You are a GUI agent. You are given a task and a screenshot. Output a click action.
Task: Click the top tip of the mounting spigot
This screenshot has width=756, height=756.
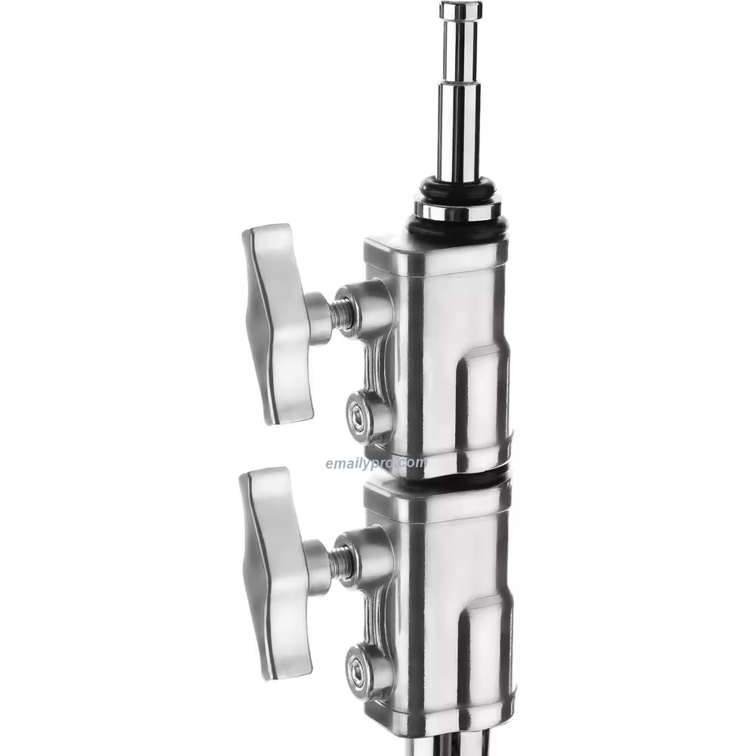point(460,10)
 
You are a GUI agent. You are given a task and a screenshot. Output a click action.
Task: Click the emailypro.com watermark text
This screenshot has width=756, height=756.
point(376,463)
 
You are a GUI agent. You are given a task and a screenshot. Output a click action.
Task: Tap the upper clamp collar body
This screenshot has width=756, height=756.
point(435,348)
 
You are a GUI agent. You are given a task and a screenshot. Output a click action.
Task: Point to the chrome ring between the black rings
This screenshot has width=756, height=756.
point(458,209)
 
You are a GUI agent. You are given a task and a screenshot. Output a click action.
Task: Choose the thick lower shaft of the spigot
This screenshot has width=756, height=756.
point(458,136)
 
